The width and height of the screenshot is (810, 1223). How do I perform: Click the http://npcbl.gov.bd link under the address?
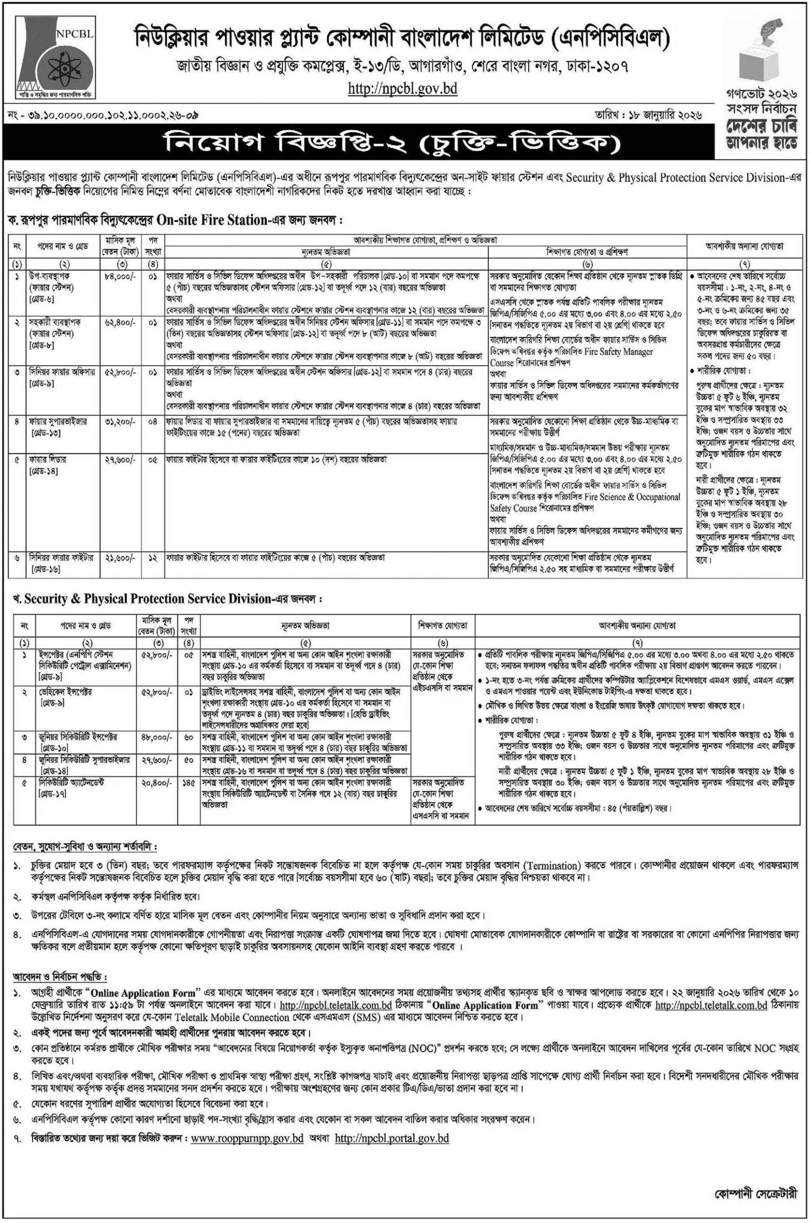403,89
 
